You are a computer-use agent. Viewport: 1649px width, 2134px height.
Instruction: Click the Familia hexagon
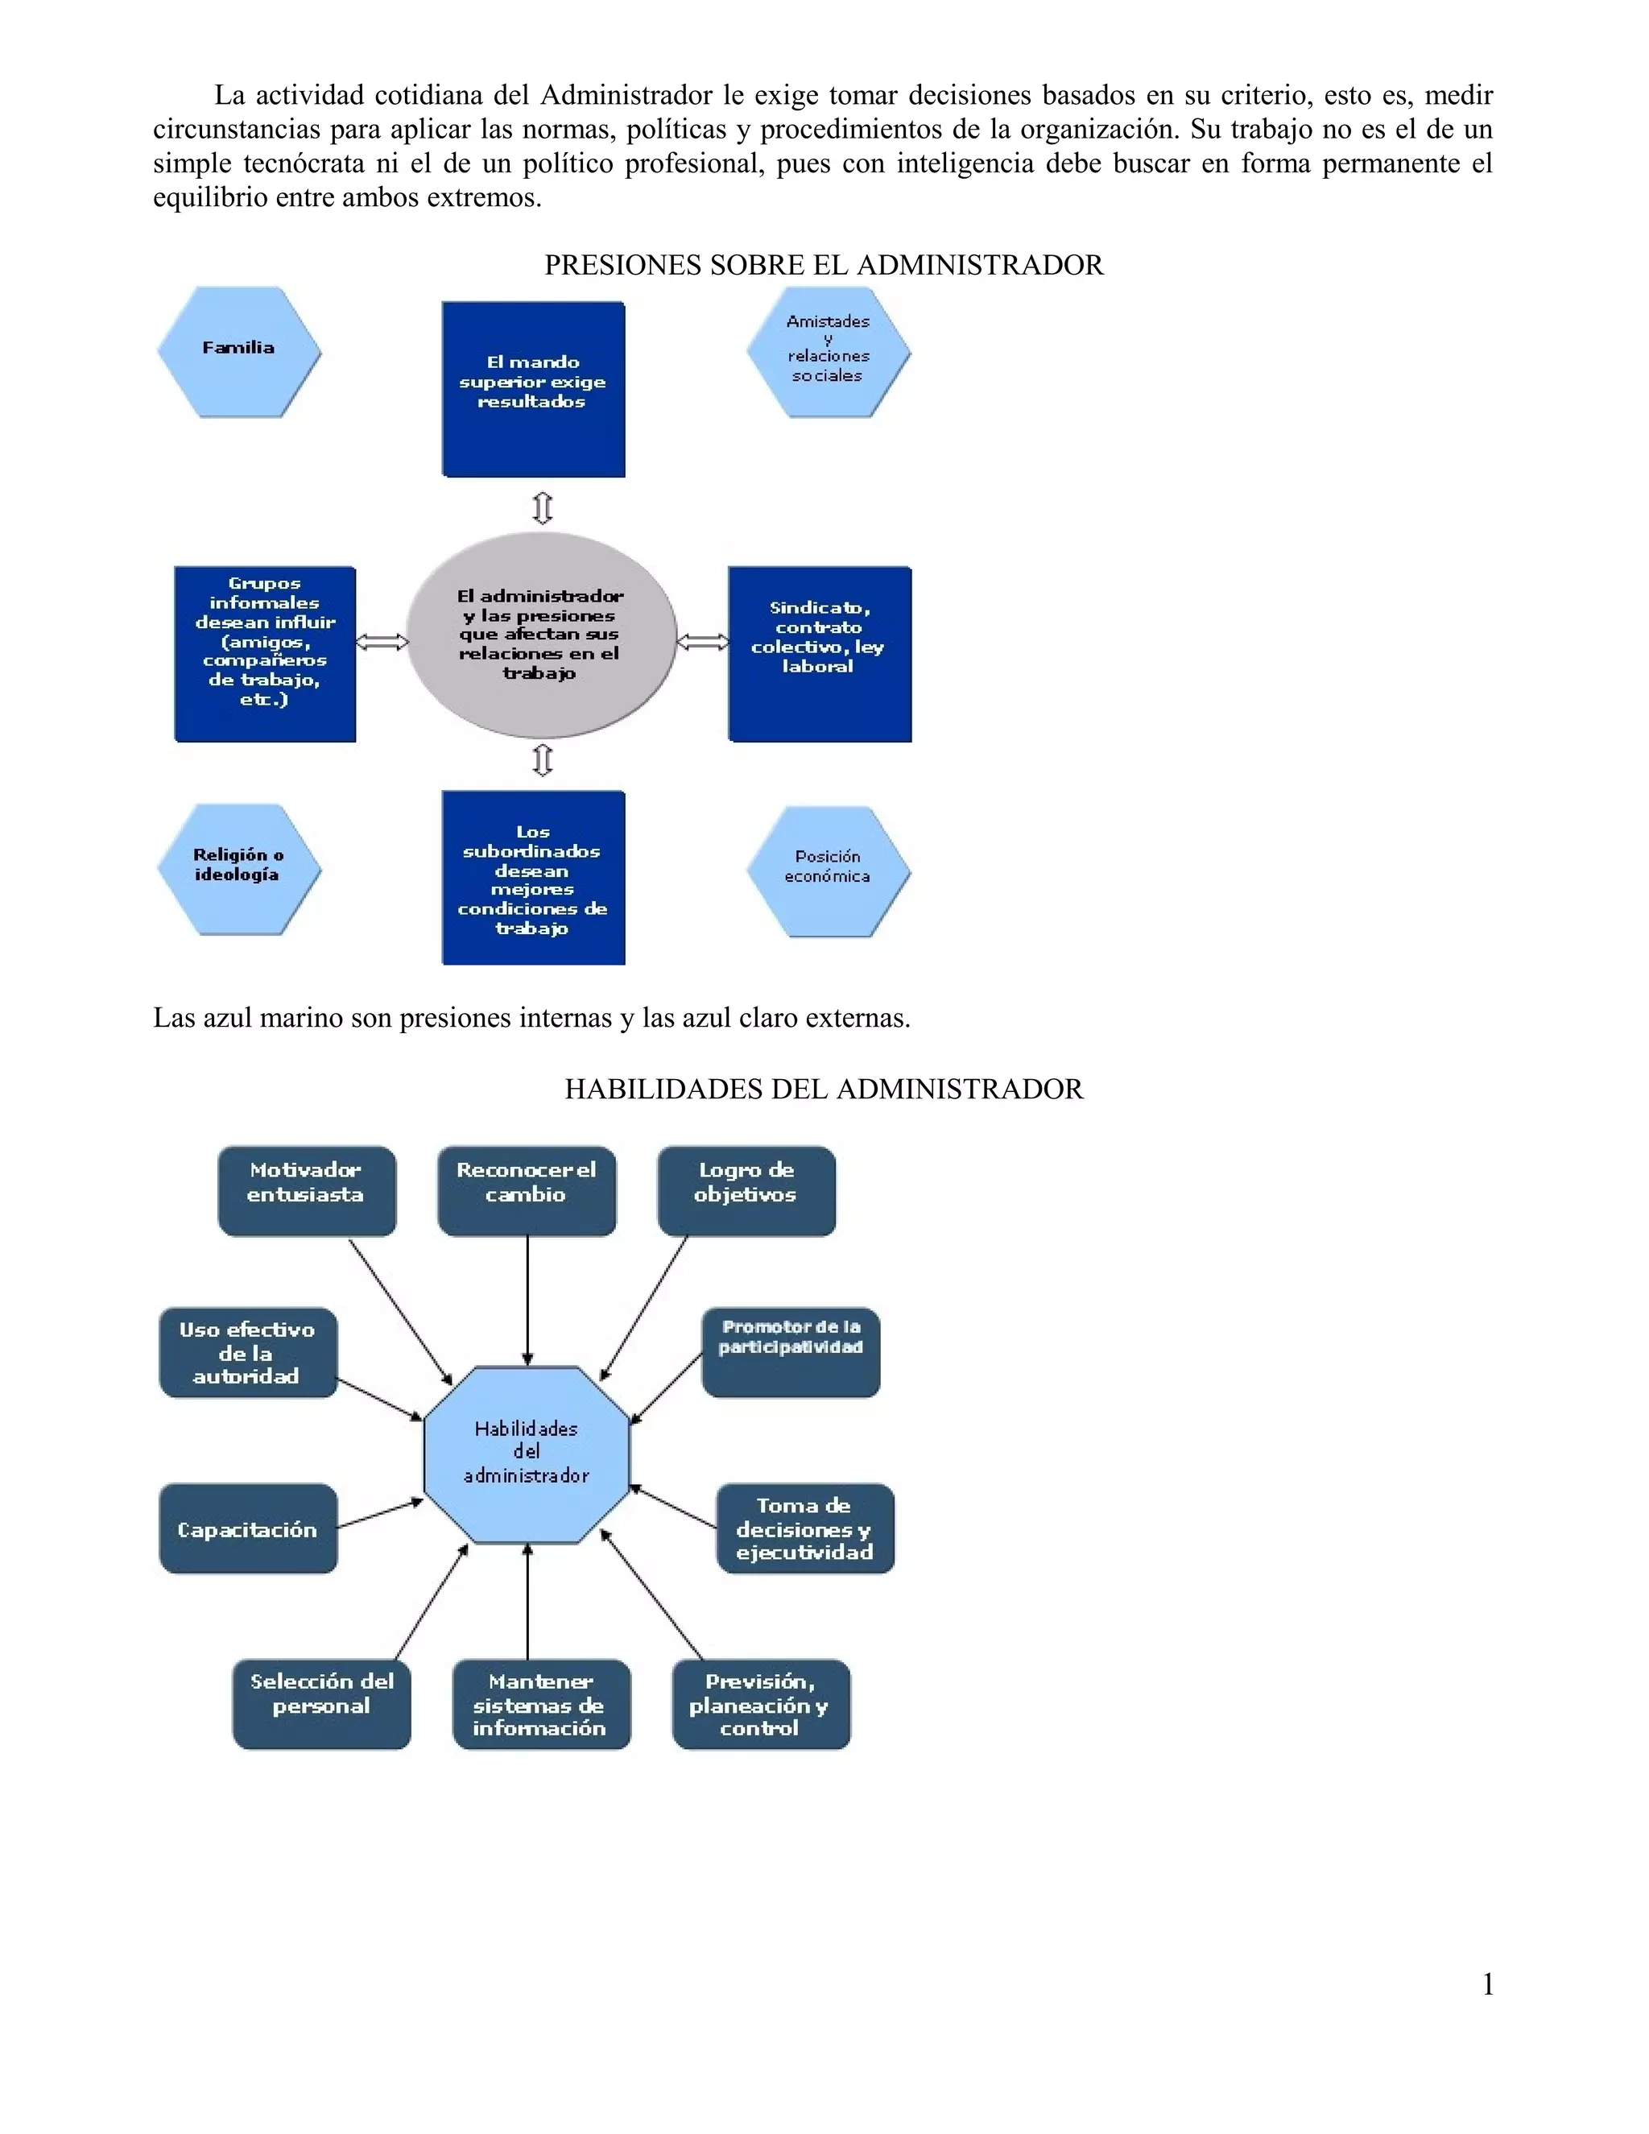click(x=238, y=352)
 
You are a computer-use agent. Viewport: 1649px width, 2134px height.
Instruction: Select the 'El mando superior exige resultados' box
click(x=533, y=389)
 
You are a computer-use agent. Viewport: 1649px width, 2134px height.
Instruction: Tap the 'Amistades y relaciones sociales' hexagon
click(x=829, y=352)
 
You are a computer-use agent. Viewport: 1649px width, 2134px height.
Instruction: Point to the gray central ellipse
click(x=541, y=635)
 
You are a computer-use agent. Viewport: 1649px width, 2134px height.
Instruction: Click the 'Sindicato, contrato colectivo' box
click(x=820, y=654)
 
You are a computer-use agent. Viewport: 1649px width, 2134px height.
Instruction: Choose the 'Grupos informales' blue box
click(x=265, y=654)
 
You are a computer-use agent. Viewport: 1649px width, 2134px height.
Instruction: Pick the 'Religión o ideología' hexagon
click(x=238, y=869)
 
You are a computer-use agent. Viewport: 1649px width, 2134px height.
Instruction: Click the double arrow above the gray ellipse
click(x=542, y=508)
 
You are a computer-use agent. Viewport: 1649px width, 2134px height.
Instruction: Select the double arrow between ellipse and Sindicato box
click(x=702, y=642)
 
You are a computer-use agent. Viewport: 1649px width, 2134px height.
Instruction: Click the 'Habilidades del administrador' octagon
click(x=527, y=1454)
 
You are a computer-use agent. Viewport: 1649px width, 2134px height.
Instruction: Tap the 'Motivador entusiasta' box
click(x=307, y=1190)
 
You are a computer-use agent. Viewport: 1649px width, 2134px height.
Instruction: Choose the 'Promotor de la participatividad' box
click(x=791, y=1351)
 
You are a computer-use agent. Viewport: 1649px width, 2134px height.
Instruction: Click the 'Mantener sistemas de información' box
click(x=541, y=1704)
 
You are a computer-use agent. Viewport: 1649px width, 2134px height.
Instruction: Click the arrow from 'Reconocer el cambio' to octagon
click(x=527, y=1300)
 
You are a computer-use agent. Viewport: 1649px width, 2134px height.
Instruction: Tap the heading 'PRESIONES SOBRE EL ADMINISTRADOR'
click(x=824, y=266)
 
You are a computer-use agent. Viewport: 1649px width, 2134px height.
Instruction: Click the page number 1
click(x=1488, y=1983)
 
